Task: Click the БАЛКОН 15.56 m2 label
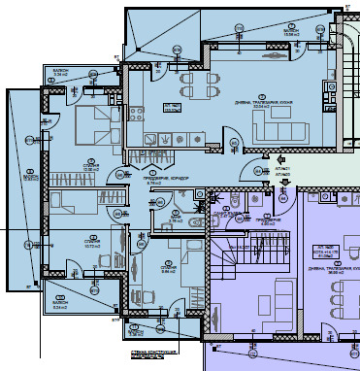click(291, 33)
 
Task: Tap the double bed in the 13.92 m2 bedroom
click(93, 125)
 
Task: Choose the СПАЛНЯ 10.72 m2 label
click(92, 244)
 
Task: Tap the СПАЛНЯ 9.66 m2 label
click(168, 269)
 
